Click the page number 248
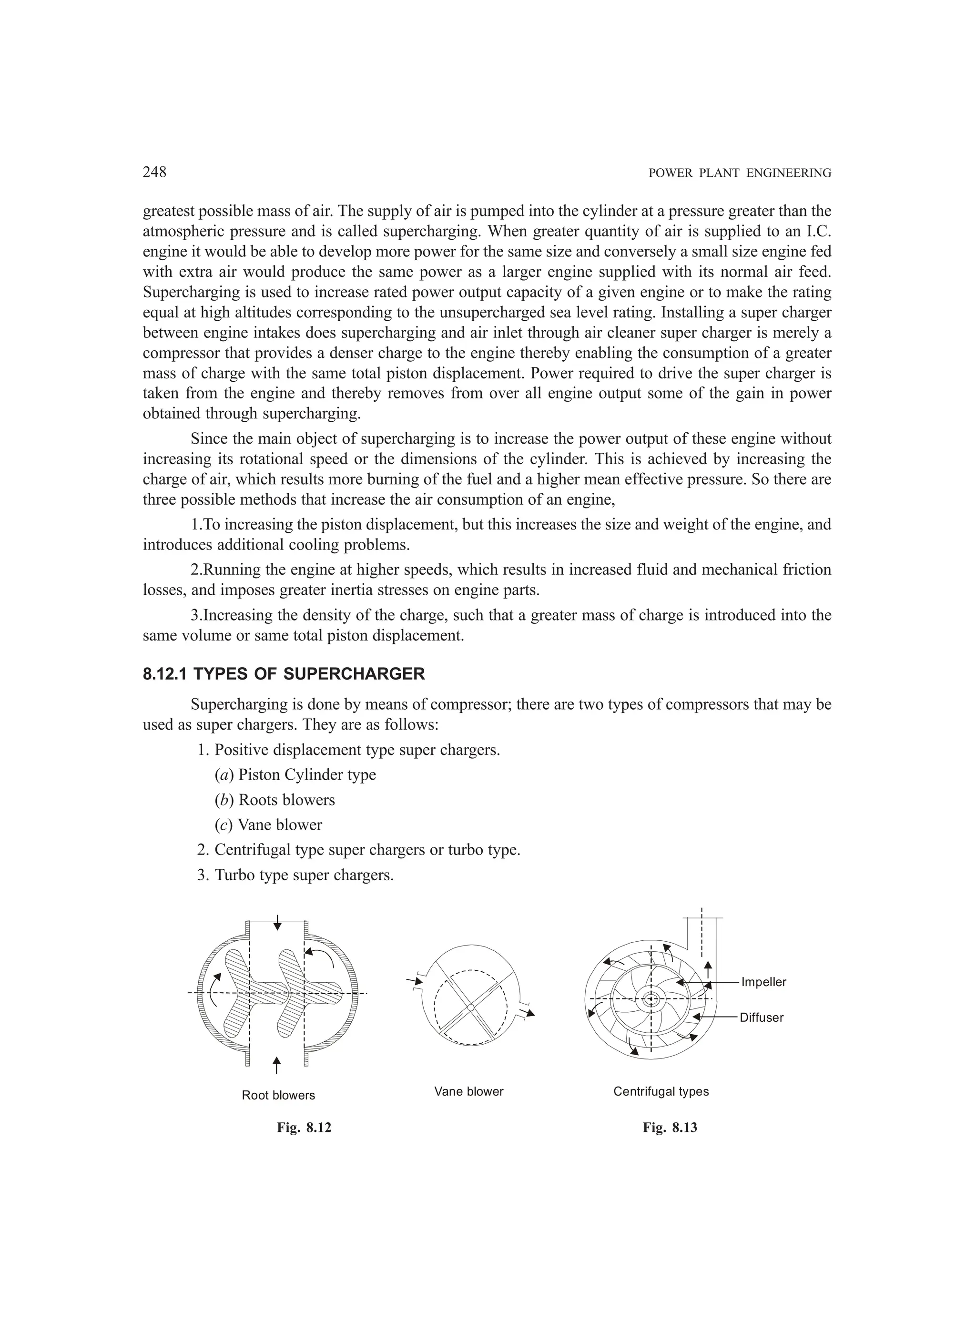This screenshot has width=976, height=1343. tap(154, 173)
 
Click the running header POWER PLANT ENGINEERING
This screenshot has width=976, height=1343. tap(740, 173)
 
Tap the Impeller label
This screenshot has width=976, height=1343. tap(763, 982)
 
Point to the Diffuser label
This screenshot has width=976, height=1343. tap(761, 1017)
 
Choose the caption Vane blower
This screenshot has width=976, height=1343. tap(468, 1091)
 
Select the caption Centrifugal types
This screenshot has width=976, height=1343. tap(661, 1091)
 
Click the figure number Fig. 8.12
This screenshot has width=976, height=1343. tap(304, 1128)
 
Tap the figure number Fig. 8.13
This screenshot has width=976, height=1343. tap(670, 1128)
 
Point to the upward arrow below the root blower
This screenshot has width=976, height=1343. tap(276, 1064)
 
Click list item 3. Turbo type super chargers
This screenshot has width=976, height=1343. tap(295, 875)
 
